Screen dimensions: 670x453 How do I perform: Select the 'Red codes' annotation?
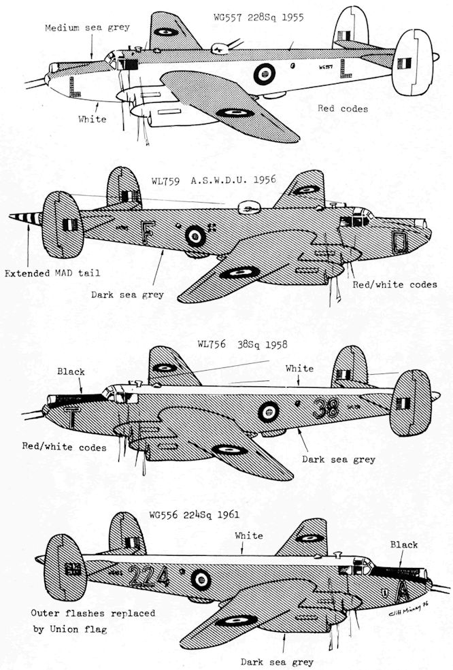[x=343, y=108]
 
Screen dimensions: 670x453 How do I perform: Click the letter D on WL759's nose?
[x=399, y=241]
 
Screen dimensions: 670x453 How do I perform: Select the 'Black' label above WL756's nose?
[x=71, y=371]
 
